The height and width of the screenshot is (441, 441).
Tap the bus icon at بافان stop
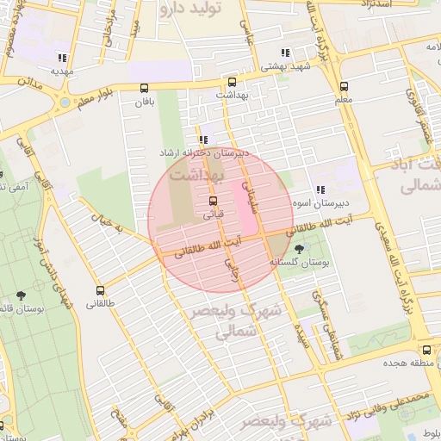tap(144, 87)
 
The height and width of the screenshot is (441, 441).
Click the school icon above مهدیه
tap(62, 58)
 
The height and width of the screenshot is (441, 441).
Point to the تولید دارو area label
tap(191, 9)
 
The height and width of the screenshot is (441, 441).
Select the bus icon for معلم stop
tap(344, 86)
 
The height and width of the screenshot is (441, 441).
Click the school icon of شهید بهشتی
tap(284, 53)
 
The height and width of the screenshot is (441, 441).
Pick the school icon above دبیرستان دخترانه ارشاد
tap(203, 139)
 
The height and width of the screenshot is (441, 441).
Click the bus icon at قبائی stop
tap(213, 201)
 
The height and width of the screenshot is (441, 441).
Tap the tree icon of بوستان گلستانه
tap(299, 248)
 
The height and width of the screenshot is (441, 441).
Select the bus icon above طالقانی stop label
tap(101, 290)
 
